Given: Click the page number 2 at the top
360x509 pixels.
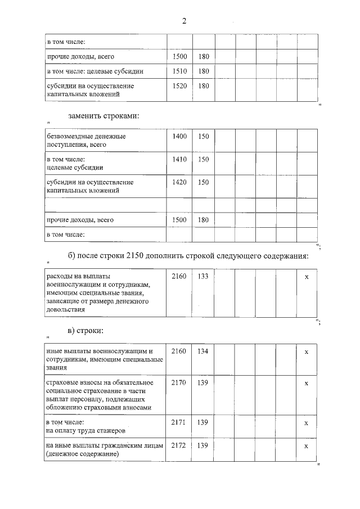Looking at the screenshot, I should point(183,21).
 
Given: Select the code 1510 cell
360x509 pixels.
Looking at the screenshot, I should point(179,71).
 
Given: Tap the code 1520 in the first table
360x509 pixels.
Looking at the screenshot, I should point(179,86).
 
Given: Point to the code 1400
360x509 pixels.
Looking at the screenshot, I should point(179,136).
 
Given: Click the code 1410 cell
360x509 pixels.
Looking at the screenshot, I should point(179,159).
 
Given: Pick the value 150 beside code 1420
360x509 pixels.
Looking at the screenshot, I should point(203,182).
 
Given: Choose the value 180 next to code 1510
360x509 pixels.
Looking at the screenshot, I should point(203,71).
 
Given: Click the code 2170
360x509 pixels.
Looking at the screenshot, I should point(179,383).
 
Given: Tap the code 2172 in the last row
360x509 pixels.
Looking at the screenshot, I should point(179,445).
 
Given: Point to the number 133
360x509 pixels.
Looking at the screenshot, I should point(203,277).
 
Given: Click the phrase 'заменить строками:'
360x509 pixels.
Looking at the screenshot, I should point(103,116).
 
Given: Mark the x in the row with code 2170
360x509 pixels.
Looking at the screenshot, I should point(306,383).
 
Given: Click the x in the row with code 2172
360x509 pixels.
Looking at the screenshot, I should point(306,445).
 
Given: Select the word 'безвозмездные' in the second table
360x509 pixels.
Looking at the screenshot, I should point(67,136).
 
